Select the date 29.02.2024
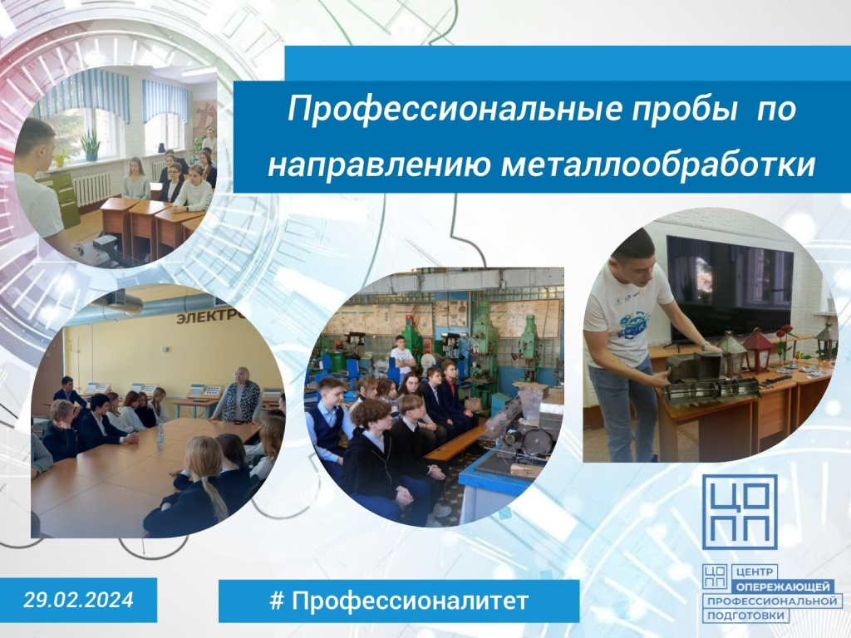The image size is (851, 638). pyautogui.click(x=78, y=600)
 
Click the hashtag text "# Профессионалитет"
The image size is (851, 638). pyautogui.click(x=399, y=601)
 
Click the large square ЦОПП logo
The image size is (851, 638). pyautogui.click(x=740, y=512)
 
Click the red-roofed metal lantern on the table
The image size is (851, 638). pyautogui.click(x=757, y=350)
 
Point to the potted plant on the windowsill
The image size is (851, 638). pyautogui.click(x=90, y=145)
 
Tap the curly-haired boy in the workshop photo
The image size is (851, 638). pyautogui.click(x=375, y=461)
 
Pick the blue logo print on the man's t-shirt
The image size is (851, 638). pyautogui.click(x=632, y=322)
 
